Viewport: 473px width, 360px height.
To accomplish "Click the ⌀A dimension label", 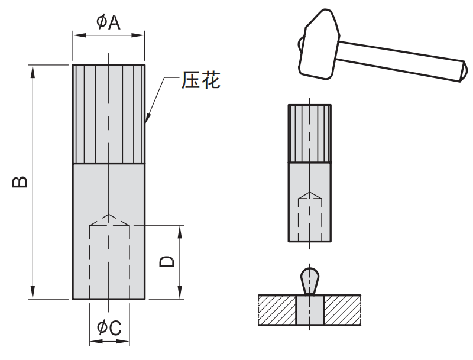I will pos(109,22).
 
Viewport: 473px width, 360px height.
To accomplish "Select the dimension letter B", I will pos(20,181).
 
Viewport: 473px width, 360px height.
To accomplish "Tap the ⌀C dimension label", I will pos(109,327).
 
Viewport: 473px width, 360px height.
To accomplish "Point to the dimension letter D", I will pos(168,262).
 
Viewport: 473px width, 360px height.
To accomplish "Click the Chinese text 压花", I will pos(200,81).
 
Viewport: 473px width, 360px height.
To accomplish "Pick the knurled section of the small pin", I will pos(310,133).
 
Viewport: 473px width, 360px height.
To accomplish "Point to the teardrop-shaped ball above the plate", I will pos(310,278).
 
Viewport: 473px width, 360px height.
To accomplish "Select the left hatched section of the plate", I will pos(277,310).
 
